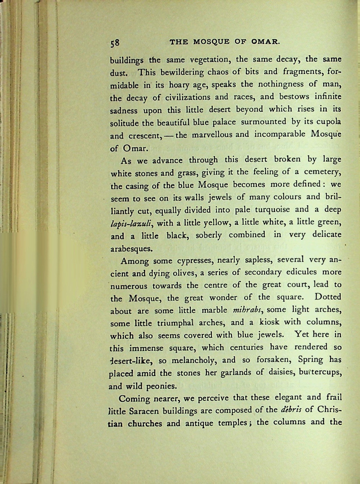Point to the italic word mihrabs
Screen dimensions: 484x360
tap(248, 309)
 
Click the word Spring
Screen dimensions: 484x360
tap(311, 360)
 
